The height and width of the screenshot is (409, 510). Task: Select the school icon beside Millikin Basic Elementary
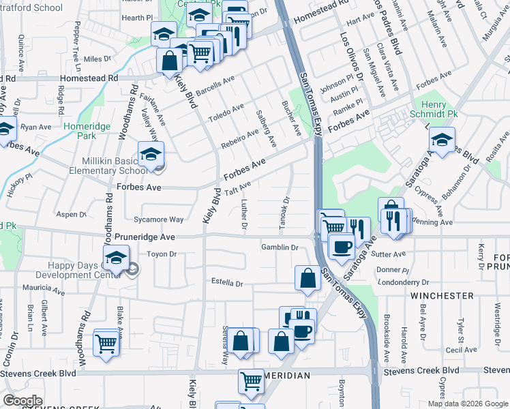coord(151,154)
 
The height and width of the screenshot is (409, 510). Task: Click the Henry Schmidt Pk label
coord(438,108)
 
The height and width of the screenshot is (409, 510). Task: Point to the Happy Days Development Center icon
coord(117,258)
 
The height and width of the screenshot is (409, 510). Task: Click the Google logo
coord(23,400)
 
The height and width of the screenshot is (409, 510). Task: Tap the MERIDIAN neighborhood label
coord(286,376)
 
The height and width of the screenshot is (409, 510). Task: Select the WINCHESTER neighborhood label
coord(442,296)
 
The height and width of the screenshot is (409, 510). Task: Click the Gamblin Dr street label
coord(280,247)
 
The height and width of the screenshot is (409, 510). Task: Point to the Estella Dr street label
coord(227,282)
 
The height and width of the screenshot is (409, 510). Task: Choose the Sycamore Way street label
coord(159,219)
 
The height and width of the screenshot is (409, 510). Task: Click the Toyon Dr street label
coord(162,254)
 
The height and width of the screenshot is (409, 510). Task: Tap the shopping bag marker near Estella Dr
coord(307,277)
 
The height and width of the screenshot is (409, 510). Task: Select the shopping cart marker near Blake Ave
coord(107,342)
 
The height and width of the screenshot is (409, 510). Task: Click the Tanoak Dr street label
coord(286,213)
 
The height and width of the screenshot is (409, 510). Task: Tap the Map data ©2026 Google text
coord(468,404)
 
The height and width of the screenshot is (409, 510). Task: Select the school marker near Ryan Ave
coord(5,130)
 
